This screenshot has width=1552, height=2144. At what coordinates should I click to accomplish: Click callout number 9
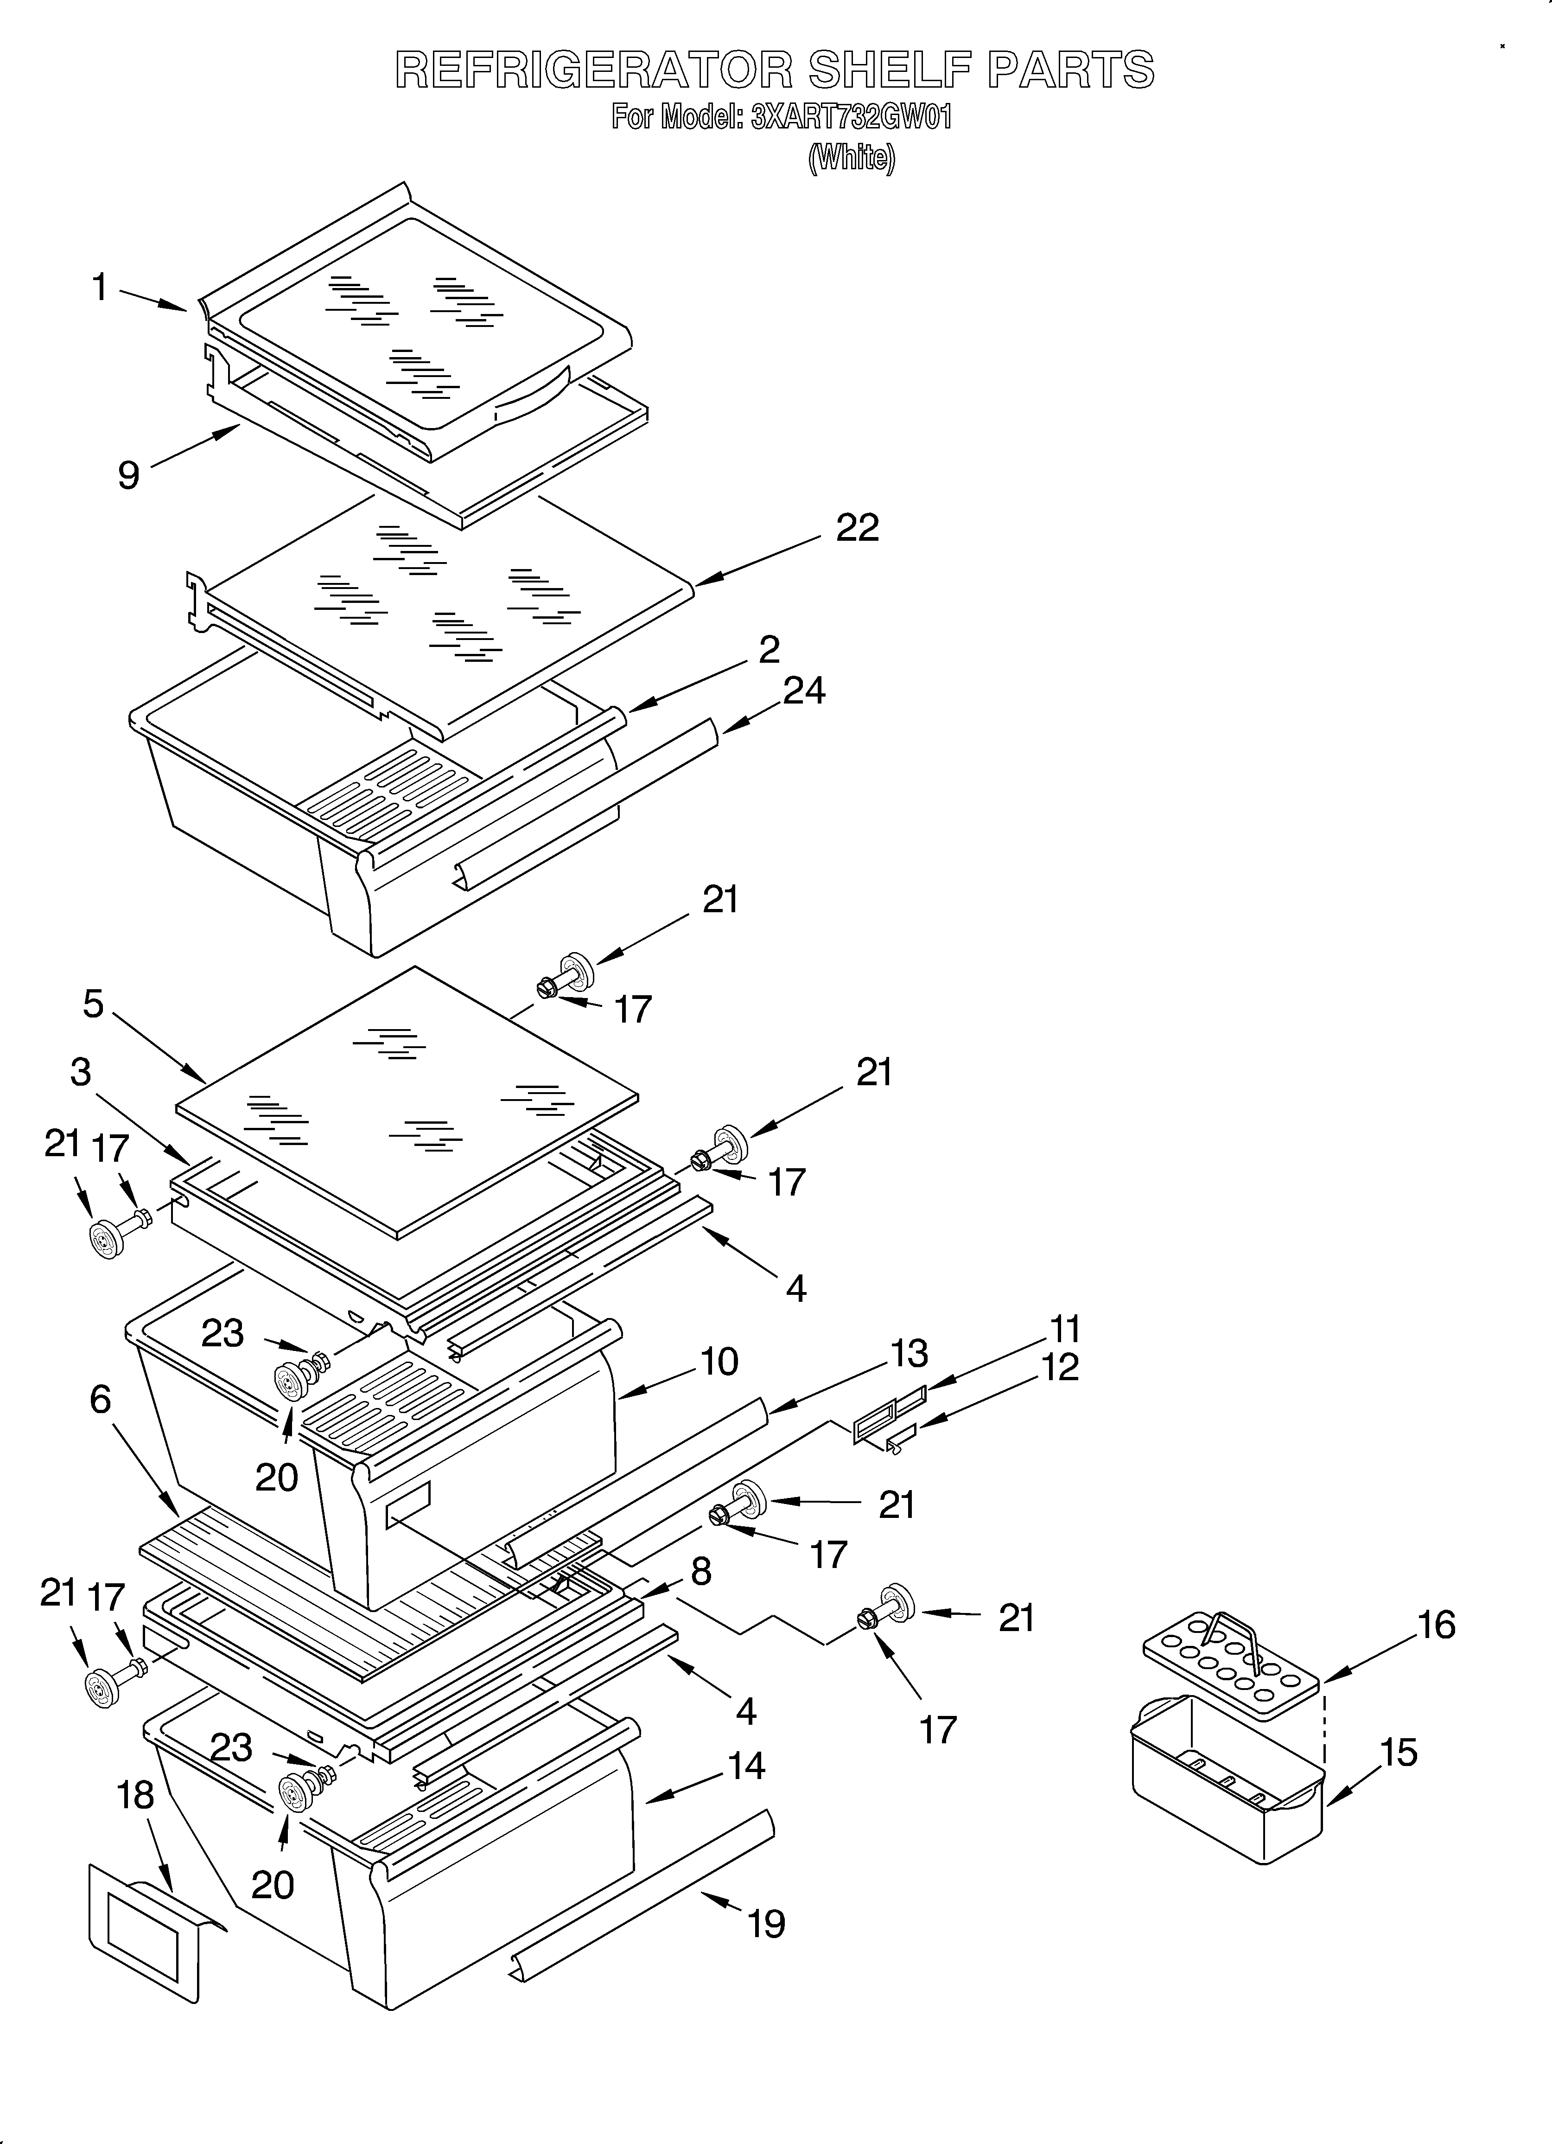coord(128,474)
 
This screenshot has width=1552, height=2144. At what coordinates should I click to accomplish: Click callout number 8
coord(700,1571)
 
